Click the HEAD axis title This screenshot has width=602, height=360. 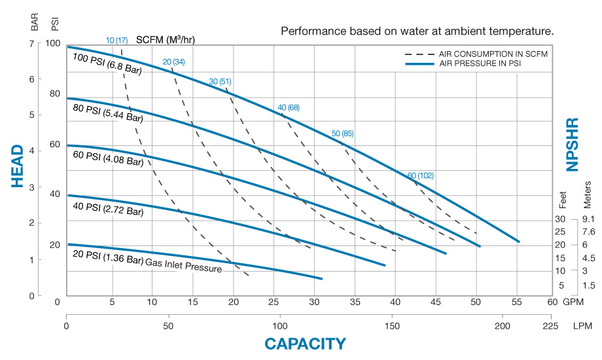click(x=18, y=166)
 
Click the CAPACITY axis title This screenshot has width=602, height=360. click(x=305, y=344)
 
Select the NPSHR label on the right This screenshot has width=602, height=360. click(x=573, y=145)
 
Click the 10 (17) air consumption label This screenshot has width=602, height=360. click(x=117, y=40)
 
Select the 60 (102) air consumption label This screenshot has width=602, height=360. click(x=421, y=175)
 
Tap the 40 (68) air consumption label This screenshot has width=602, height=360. click(x=289, y=107)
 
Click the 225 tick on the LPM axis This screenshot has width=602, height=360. click(x=551, y=325)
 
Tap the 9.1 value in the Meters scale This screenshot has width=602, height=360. click(x=588, y=219)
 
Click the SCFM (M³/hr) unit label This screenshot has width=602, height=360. click(x=166, y=39)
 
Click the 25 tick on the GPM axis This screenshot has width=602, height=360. click(x=274, y=302)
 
